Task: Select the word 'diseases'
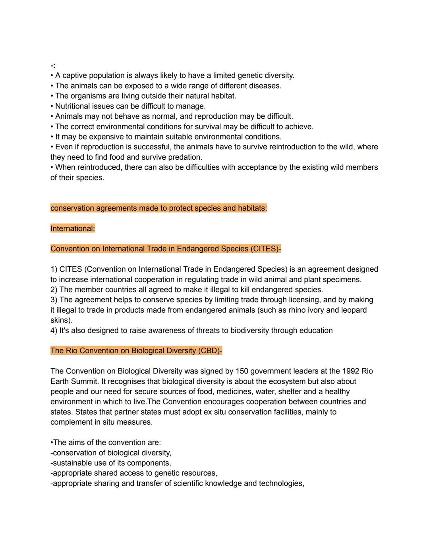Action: point(266,86)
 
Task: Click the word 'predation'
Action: point(184,157)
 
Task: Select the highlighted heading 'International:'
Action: point(73,228)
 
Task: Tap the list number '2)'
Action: point(54,290)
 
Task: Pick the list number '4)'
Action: point(54,331)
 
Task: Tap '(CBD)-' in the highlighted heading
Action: point(210,351)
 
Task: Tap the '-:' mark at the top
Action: point(53,65)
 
